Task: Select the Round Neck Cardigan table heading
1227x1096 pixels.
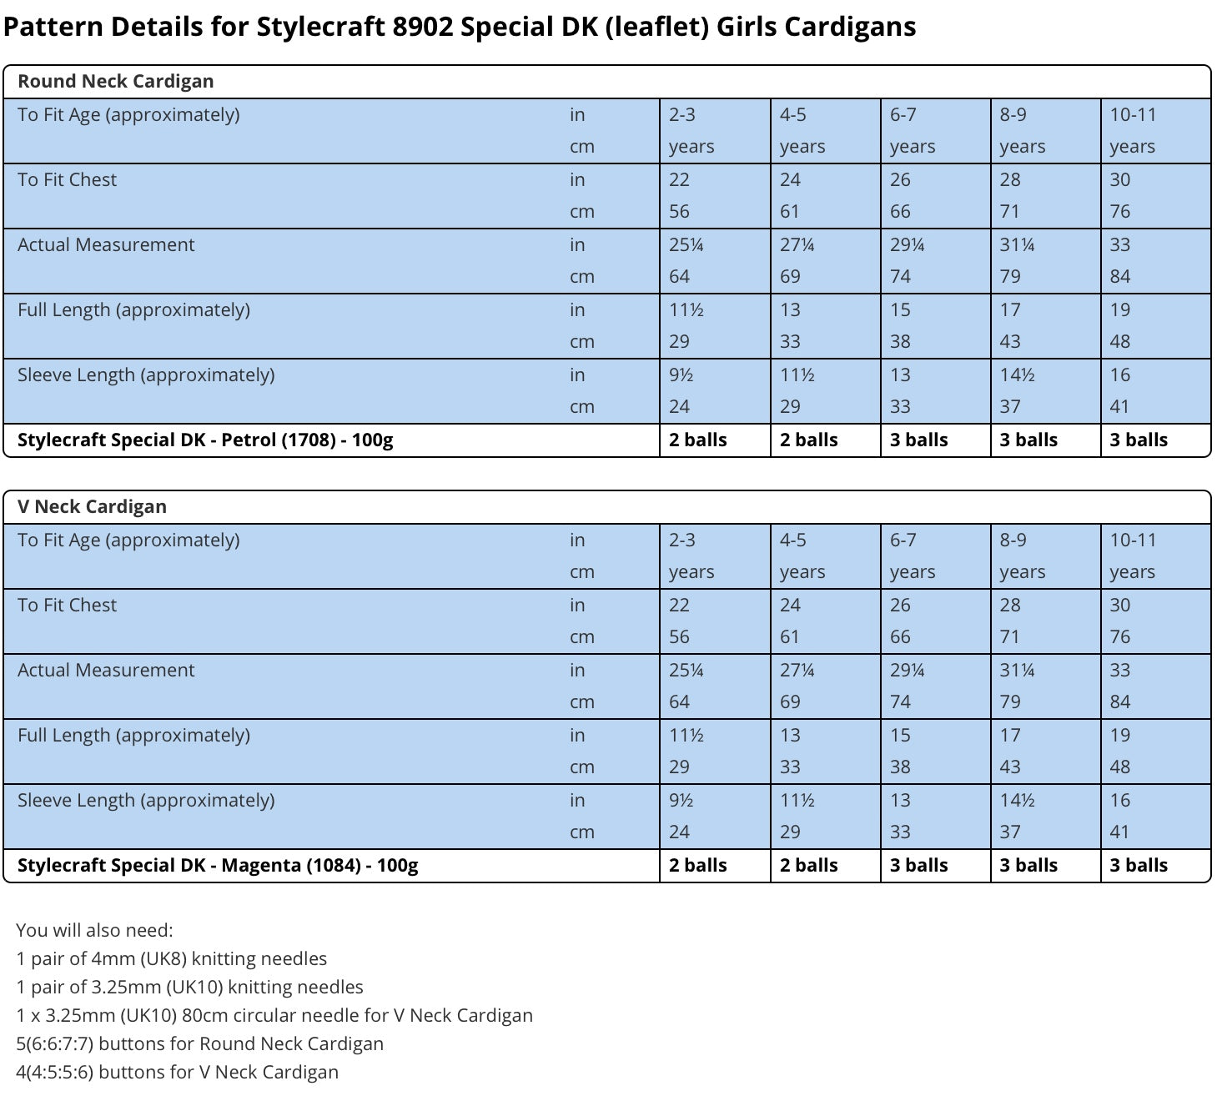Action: coord(115,82)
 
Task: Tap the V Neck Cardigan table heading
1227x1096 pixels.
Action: coord(92,507)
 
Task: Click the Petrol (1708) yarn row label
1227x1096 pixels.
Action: coord(204,440)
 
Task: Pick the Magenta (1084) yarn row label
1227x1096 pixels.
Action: coord(217,866)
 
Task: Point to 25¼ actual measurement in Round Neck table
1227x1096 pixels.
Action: coord(686,245)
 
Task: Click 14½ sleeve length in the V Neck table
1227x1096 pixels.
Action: coord(1017,801)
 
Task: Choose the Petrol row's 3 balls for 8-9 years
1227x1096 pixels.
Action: coord(1028,440)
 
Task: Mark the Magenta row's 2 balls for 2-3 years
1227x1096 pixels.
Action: coord(697,866)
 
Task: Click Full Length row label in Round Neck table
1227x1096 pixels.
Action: coord(133,310)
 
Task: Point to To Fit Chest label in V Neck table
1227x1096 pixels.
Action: coord(67,606)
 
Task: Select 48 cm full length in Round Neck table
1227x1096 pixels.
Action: coord(1119,342)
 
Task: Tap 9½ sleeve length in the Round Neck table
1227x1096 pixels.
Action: coord(681,375)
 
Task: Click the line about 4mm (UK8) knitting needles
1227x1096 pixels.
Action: coord(171,959)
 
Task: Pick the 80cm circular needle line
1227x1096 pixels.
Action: coord(274,1016)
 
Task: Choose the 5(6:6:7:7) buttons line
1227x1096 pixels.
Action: coord(199,1044)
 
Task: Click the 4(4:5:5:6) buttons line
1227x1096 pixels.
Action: coord(177,1073)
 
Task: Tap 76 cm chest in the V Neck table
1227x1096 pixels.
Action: coord(1119,637)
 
